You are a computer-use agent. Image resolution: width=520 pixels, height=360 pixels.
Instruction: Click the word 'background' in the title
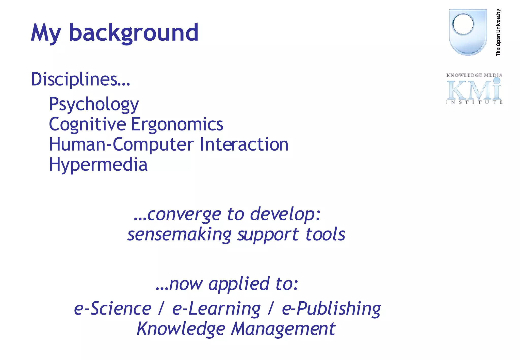point(134,33)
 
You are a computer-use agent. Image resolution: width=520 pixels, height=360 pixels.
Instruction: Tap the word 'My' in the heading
point(46,33)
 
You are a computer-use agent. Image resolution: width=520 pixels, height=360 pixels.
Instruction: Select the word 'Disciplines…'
point(80,79)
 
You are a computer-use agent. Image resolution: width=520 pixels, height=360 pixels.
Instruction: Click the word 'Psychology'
point(94,104)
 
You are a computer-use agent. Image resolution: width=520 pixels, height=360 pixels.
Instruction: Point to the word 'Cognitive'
point(87,124)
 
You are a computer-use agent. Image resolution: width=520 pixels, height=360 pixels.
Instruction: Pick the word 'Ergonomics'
point(177,124)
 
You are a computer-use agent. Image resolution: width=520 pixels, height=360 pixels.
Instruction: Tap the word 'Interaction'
point(244,144)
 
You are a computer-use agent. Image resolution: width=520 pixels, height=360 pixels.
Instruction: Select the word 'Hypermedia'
point(98,165)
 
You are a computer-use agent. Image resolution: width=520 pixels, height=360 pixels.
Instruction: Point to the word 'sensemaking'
point(179,234)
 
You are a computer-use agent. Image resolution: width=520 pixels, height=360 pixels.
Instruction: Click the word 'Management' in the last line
point(283,329)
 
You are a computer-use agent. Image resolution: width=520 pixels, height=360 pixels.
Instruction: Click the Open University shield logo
point(468,32)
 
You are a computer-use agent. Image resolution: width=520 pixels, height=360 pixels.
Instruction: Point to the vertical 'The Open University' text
point(498,32)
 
